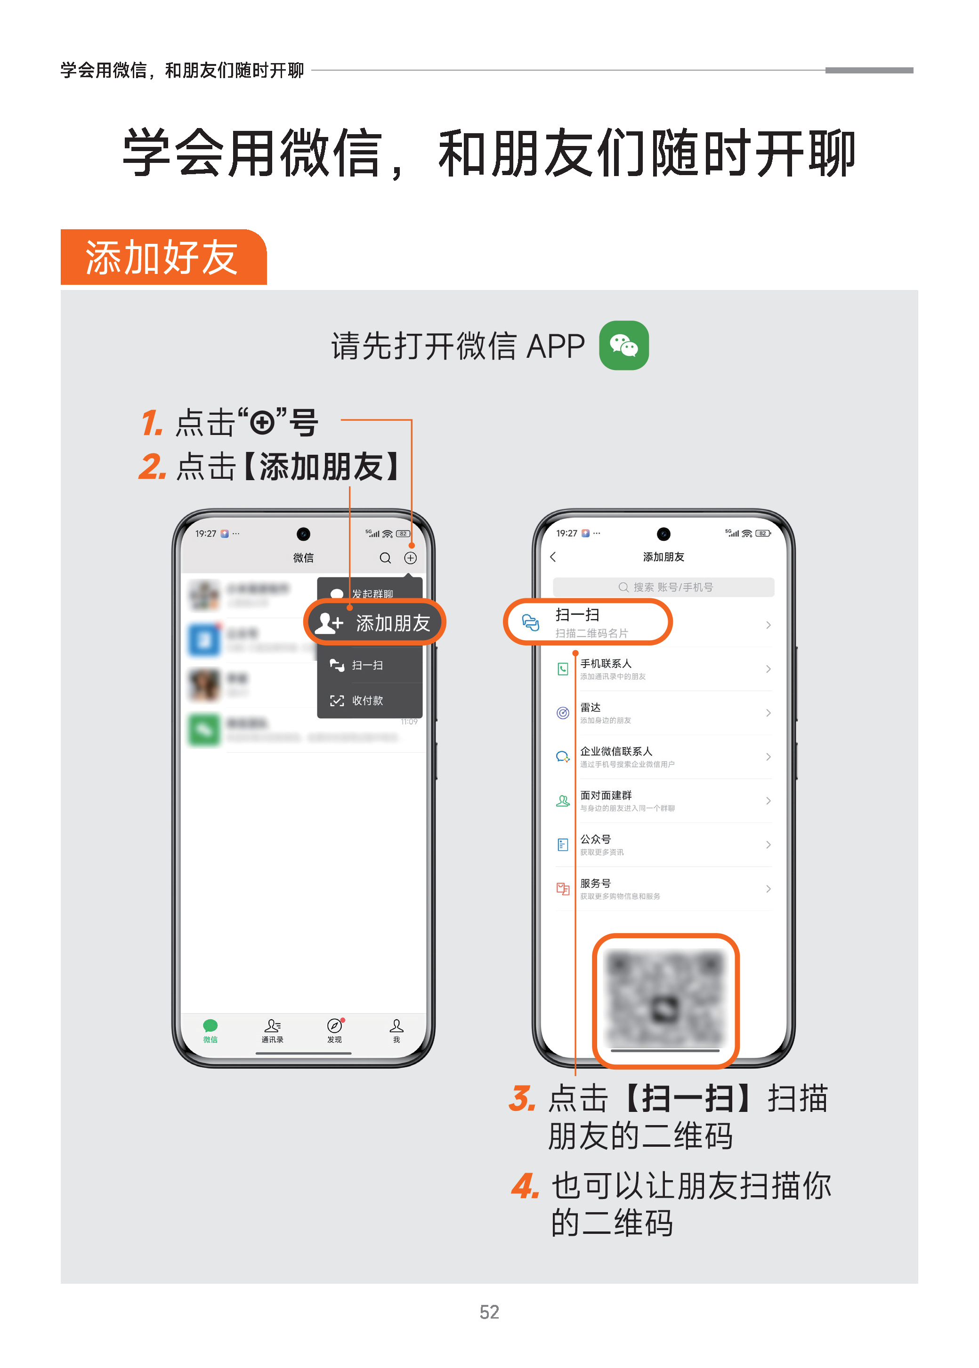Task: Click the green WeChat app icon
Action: coord(623,346)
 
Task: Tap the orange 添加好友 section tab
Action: coord(163,258)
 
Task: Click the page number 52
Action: coord(489,1312)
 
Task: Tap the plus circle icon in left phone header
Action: coord(411,558)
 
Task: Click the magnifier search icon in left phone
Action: coord(385,558)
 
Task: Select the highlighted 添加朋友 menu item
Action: coord(375,622)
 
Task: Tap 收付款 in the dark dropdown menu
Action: coord(367,700)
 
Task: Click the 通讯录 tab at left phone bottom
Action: coord(273,1030)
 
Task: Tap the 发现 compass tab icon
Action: coord(334,1026)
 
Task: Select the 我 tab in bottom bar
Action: coord(396,1030)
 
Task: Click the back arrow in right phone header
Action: coord(553,557)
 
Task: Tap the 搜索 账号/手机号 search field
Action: coord(663,587)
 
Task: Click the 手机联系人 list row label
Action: coord(606,663)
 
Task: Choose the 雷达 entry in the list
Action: coord(591,708)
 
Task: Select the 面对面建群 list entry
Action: coord(606,796)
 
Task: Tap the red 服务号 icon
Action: coord(562,888)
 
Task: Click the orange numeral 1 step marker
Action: coord(152,422)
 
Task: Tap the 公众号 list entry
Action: coord(596,839)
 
